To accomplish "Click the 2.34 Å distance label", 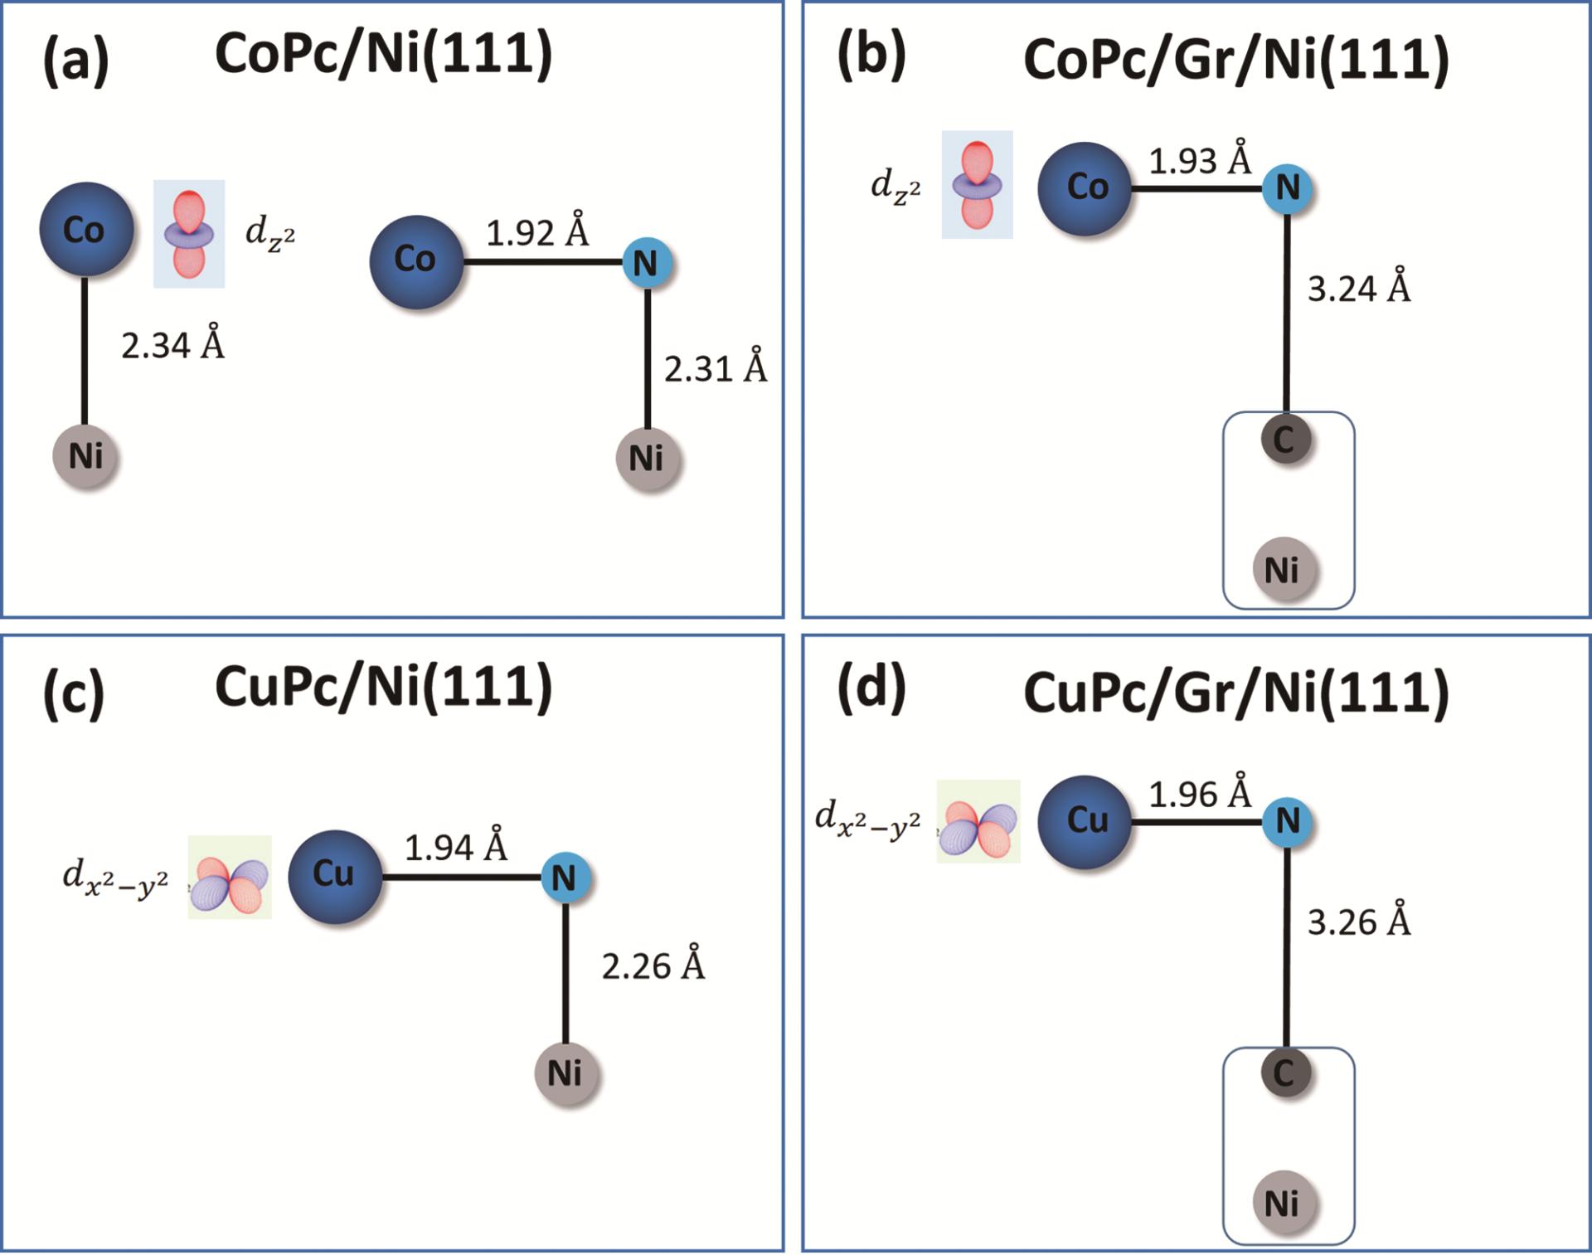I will coord(172,343).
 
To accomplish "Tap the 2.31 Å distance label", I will coord(716,367).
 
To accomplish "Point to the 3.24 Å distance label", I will coord(1359,288).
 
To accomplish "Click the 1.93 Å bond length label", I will coord(1200,159).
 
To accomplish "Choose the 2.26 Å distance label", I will coord(653,966).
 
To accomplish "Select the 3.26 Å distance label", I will coord(1359,922).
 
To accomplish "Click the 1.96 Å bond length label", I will coord(1200,794).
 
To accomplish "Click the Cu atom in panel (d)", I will coord(1085,822).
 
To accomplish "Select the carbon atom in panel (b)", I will coord(1285,440).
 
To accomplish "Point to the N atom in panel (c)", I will coord(565,878).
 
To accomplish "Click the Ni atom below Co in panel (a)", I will coord(85,456).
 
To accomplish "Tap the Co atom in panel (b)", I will coord(1085,188).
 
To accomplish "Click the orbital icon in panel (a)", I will coord(189,234).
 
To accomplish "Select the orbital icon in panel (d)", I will coord(978,822).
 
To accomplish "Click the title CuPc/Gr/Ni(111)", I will coord(1235,693).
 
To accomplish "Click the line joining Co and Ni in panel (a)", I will coord(85,350).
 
